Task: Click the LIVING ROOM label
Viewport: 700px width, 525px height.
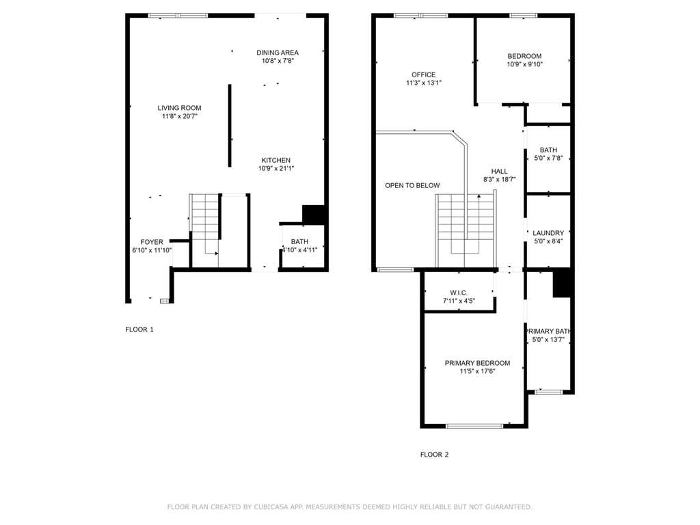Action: (x=180, y=108)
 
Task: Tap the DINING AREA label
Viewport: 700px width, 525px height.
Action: (x=278, y=53)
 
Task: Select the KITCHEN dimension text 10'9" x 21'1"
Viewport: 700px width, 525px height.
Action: (x=276, y=168)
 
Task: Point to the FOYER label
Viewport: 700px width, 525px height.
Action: (x=152, y=242)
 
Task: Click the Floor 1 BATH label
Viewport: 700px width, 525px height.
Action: (x=299, y=241)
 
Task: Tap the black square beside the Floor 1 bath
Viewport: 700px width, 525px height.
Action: (x=313, y=214)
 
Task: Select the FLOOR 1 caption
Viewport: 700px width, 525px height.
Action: (x=139, y=329)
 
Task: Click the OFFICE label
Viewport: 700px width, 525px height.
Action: (x=424, y=75)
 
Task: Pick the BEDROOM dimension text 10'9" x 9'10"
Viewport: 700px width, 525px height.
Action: (x=524, y=64)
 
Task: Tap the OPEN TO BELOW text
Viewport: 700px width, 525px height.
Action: (x=412, y=185)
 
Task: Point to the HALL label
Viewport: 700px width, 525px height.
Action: (x=499, y=172)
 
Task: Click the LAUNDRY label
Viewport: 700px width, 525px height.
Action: (x=548, y=233)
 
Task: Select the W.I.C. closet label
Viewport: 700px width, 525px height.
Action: (x=459, y=293)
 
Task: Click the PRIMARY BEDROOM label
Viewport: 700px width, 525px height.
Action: (x=477, y=363)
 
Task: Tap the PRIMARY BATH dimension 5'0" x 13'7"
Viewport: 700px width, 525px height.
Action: (x=548, y=339)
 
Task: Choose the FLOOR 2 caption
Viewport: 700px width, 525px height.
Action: (x=434, y=455)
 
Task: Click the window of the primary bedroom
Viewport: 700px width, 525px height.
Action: (x=474, y=426)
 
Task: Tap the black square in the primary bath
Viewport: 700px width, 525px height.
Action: (x=562, y=283)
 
